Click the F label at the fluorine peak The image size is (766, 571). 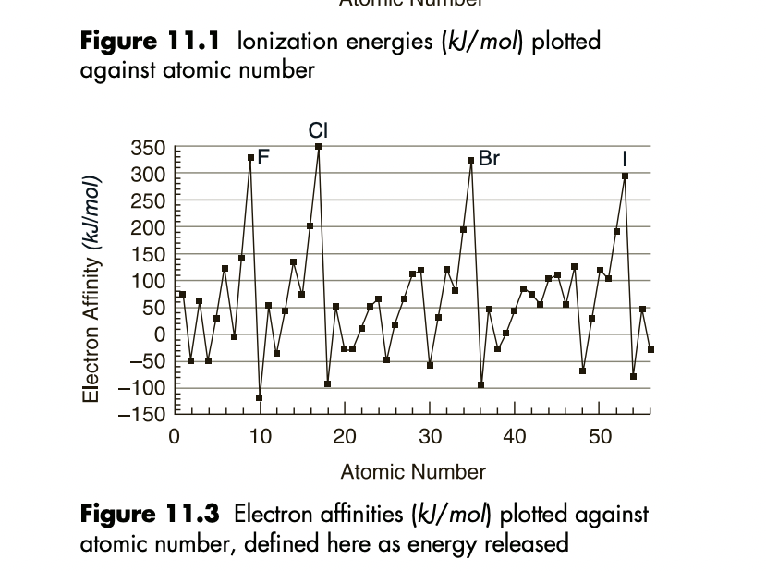pos(263,158)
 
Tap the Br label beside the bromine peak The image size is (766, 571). pos(489,158)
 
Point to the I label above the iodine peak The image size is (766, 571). pos(626,160)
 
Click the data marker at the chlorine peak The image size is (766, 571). pos(318,146)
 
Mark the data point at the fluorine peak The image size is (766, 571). pos(250,158)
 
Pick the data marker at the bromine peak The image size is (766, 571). pos(471,160)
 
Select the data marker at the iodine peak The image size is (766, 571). pos(626,176)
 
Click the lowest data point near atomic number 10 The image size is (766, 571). pos(260,398)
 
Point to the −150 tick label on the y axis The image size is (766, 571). pos(141,414)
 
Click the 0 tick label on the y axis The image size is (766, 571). pos(160,334)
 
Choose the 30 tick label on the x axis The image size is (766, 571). pos(430,437)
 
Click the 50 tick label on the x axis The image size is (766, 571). pos(601,437)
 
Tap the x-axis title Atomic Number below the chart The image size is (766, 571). pos(413,472)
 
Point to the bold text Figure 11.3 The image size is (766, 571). pos(150,514)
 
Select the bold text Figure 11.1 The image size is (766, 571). pos(150,42)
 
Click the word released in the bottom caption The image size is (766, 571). pos(524,542)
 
